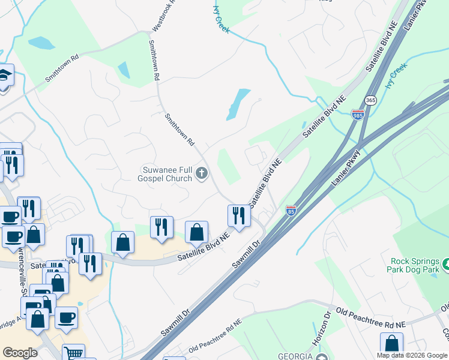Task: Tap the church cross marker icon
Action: point(202,174)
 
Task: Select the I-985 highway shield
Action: point(358,114)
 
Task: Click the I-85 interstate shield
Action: point(291,211)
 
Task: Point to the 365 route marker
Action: point(370,101)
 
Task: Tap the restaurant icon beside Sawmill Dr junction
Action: point(238,215)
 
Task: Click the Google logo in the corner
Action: point(20,353)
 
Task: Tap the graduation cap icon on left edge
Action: point(5,76)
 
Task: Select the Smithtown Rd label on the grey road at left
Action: point(62,70)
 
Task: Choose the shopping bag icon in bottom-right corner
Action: point(391,343)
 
